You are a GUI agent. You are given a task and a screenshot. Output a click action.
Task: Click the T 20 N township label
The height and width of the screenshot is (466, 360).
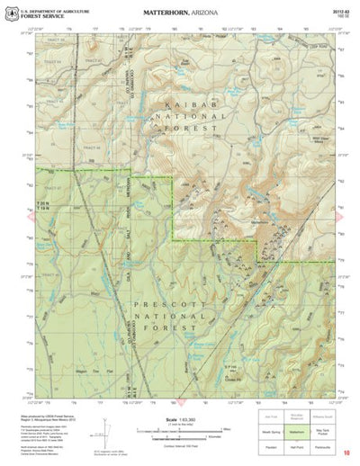click(x=42, y=206)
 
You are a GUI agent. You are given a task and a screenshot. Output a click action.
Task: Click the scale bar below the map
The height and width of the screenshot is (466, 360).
click(x=180, y=429)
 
